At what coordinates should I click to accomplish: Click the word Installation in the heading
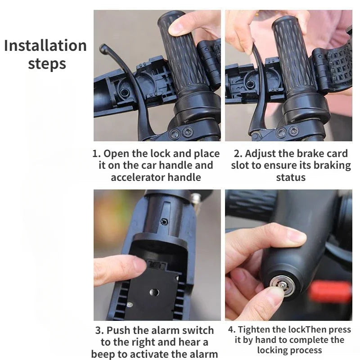(45, 46)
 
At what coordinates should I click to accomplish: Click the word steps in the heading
(47, 64)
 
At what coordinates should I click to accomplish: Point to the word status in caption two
(291, 177)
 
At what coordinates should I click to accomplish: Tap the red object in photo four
(330, 292)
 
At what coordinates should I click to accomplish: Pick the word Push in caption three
(119, 331)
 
